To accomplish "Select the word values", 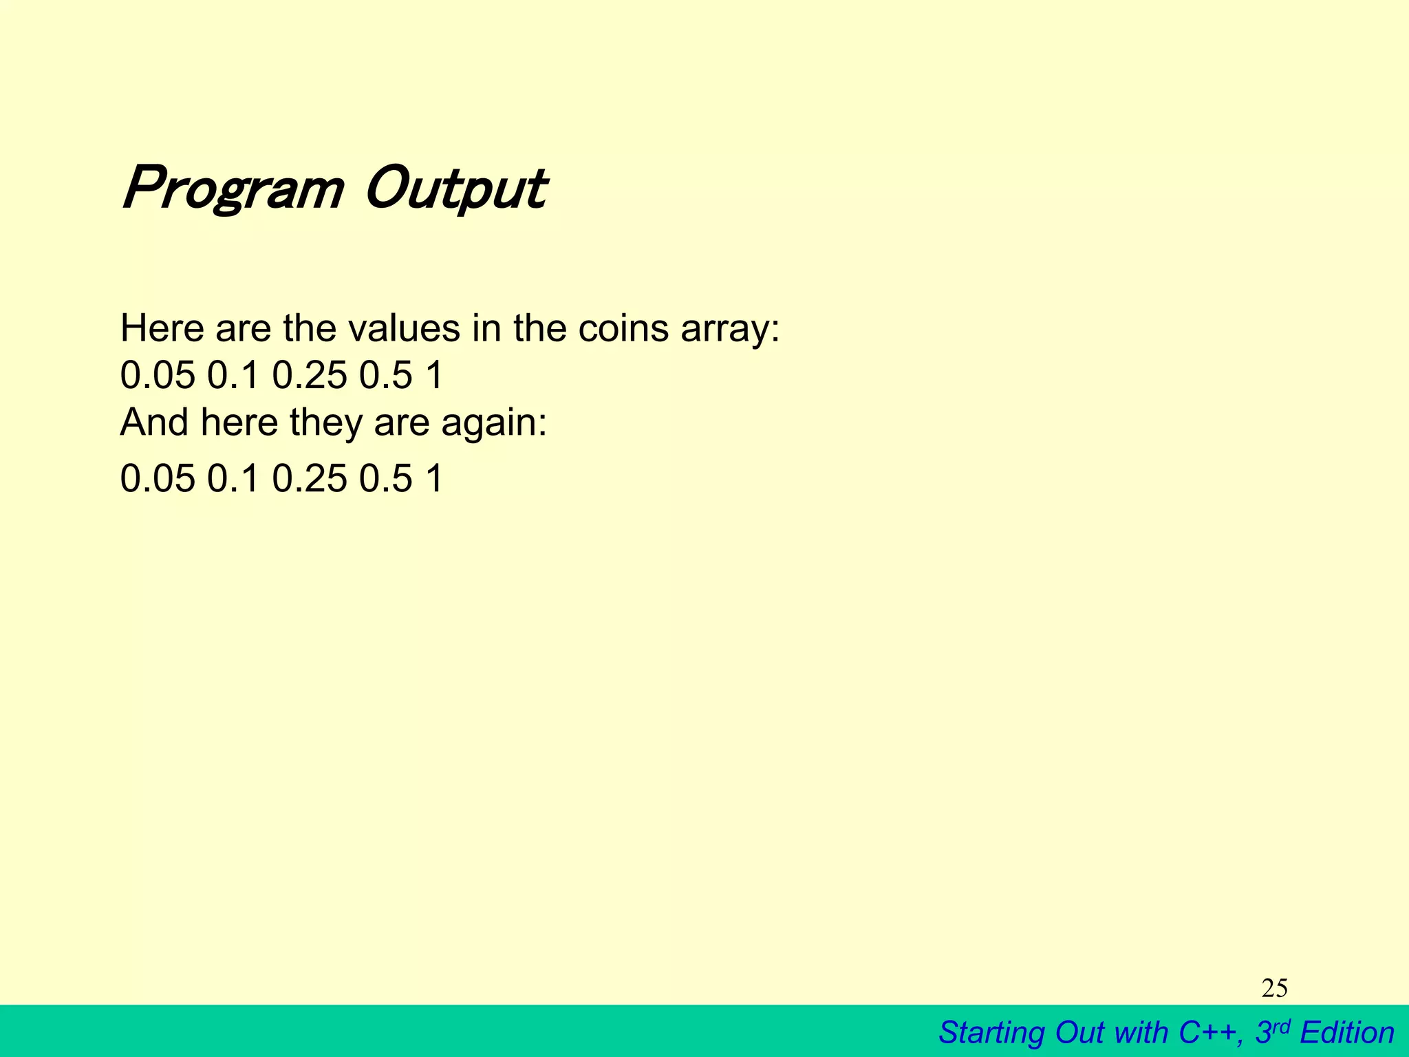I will coord(404,329).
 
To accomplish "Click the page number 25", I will coord(1274,989).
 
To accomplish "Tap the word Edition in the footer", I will coord(1346,1033).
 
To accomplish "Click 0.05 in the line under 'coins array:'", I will coord(158,376).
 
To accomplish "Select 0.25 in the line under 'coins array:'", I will coord(310,376).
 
